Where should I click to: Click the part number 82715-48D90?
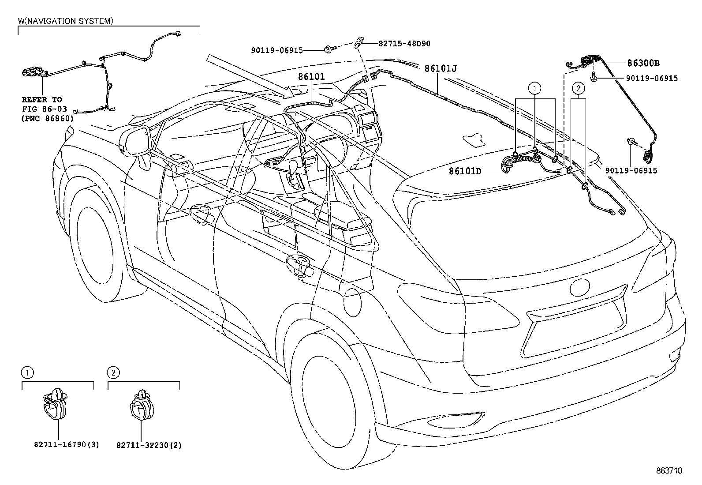pyautogui.click(x=404, y=44)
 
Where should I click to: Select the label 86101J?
pyautogui.click(x=441, y=68)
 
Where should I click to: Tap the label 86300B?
pyautogui.click(x=644, y=63)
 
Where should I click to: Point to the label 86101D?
pyautogui.click(x=465, y=171)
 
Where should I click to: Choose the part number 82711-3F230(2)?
pyautogui.click(x=149, y=445)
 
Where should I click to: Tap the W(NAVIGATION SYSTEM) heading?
pyautogui.click(x=65, y=21)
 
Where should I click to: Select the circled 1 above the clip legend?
pyautogui.click(x=27, y=373)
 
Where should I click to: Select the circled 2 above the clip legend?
pyautogui.click(x=113, y=373)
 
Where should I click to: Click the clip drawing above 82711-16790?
pyautogui.click(x=55, y=405)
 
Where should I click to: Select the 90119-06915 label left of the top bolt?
pyautogui.click(x=277, y=50)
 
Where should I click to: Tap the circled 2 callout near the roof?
pyautogui.click(x=578, y=88)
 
